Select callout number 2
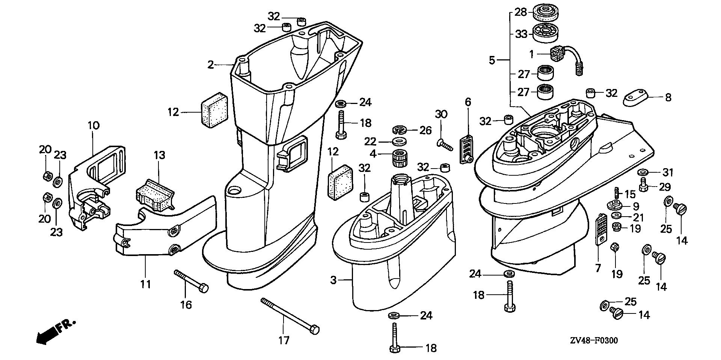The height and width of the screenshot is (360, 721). click(211, 65)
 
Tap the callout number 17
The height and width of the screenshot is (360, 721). click(284, 340)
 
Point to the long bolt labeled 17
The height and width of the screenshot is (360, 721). click(290, 314)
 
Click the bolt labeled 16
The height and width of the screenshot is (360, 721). click(191, 281)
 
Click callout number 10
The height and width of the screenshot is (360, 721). click(94, 125)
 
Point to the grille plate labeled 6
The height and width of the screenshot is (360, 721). click(466, 148)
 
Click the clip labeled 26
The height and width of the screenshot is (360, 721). click(400, 130)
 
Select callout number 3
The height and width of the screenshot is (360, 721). click(333, 280)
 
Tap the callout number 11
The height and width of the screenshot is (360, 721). click(145, 284)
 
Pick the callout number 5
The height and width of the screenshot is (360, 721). click(492, 60)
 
